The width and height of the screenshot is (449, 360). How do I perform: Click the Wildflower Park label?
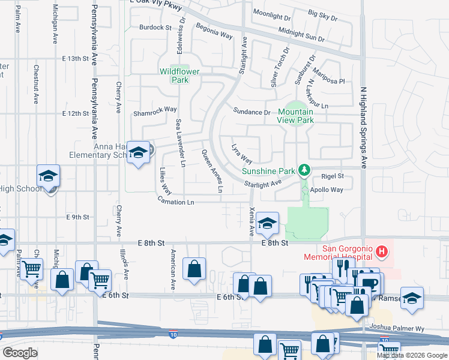point(179,75)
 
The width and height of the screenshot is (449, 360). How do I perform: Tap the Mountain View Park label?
point(296,116)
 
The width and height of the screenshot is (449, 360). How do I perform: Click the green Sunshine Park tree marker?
point(304,170)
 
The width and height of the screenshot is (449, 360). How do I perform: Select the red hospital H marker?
point(382,249)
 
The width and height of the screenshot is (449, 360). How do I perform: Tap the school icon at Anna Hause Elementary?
point(138,154)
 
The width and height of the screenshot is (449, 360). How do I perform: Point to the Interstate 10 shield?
point(173,335)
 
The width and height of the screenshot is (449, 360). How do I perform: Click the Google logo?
point(20,352)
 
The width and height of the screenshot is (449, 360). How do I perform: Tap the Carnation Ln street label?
point(176,203)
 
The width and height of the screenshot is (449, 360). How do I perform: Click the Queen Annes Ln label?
point(212,171)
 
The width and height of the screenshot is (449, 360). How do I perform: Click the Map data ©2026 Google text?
point(412,355)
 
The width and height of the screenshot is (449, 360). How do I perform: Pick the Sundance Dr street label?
point(252,112)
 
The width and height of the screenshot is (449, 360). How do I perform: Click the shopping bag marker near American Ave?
point(194,269)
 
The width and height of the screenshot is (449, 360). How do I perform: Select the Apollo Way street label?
point(327,190)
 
